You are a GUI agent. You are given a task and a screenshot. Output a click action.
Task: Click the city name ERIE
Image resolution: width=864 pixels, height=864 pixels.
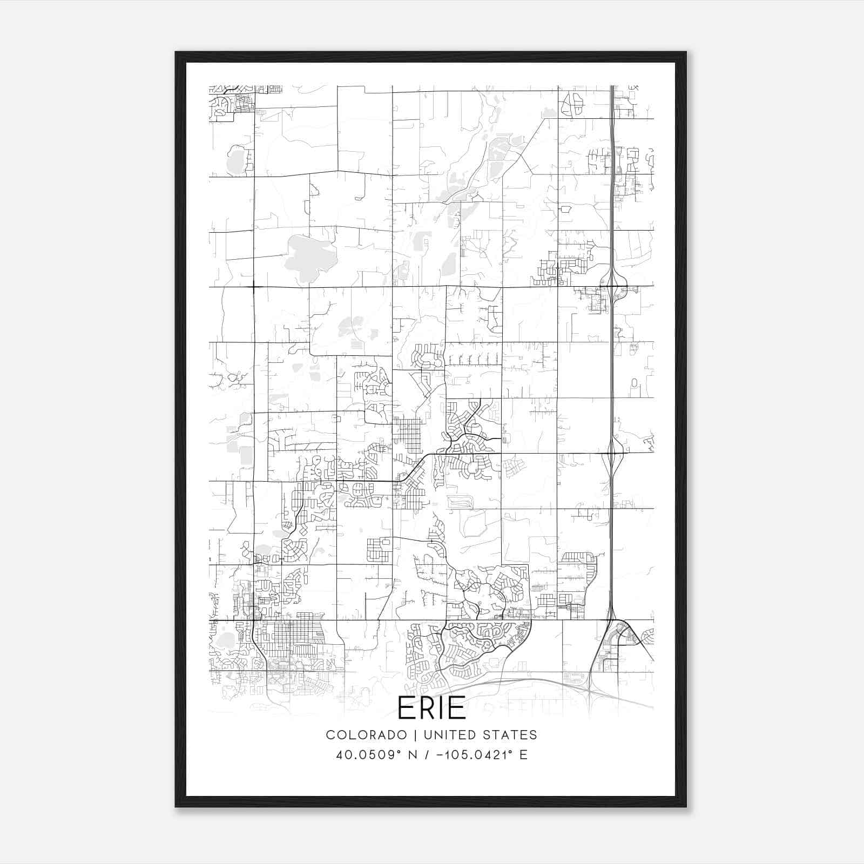(431, 708)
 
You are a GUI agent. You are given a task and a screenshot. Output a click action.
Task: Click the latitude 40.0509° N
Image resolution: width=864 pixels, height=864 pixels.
(376, 755)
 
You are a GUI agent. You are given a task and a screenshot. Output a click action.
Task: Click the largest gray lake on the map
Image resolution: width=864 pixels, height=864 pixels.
(308, 256)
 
